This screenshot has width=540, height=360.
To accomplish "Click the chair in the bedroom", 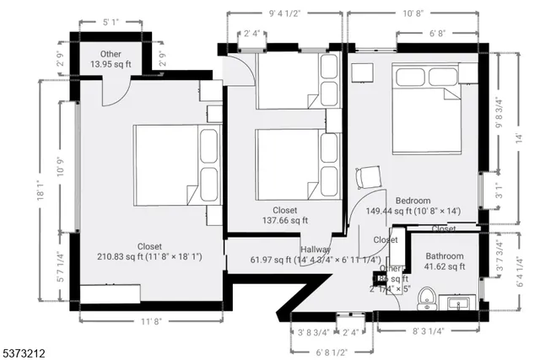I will [x=369, y=178].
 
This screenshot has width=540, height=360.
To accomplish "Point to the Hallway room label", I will [x=314, y=250].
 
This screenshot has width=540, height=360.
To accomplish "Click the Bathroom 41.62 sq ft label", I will [x=445, y=261].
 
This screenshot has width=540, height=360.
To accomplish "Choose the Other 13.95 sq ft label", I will [x=111, y=59].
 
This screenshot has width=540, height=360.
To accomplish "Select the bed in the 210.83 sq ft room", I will [x=176, y=164].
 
